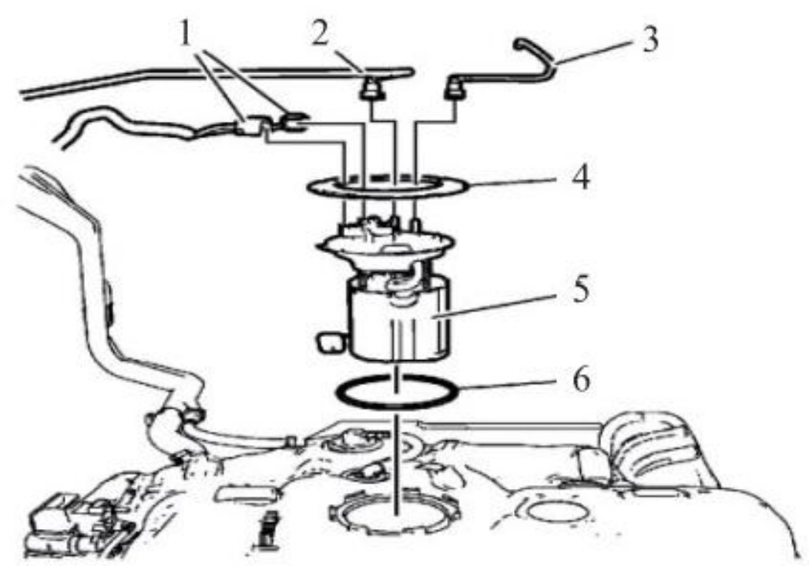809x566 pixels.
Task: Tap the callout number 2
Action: (x=320, y=35)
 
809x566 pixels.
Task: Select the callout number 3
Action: (x=651, y=41)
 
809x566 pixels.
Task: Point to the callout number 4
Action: (x=581, y=177)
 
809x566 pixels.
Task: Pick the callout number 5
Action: (x=581, y=290)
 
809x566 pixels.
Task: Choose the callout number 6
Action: (x=582, y=380)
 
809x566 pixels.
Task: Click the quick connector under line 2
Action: (x=372, y=90)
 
